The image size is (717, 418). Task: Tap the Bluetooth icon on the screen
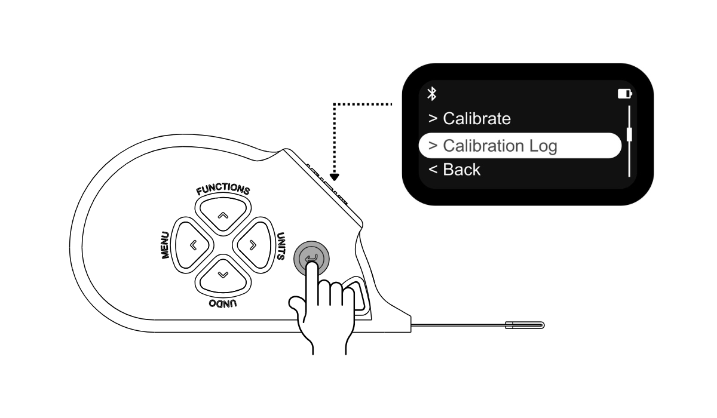[x=432, y=94]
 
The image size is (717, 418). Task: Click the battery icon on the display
[x=624, y=94]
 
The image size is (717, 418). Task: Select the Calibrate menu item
[x=470, y=118]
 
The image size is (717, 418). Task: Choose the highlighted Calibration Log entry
[x=520, y=146]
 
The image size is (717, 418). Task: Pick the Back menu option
[x=455, y=169]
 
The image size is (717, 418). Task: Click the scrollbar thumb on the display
[x=629, y=134]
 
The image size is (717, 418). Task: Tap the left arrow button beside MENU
[x=192, y=245]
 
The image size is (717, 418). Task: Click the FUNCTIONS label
[x=223, y=189]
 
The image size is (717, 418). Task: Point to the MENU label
[x=165, y=245]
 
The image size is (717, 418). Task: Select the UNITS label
[x=281, y=245]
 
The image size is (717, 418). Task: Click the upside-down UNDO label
[x=223, y=303]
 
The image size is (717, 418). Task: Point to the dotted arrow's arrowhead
[x=334, y=177]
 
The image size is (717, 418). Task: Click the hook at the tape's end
[x=525, y=325]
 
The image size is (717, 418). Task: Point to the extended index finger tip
[x=311, y=266]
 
